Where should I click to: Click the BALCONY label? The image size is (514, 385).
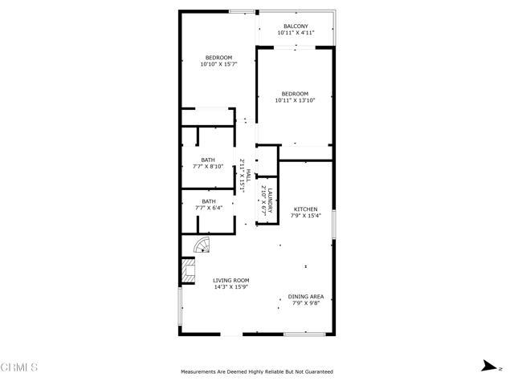(x=296, y=26)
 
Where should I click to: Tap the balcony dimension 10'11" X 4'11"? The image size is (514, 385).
(x=296, y=33)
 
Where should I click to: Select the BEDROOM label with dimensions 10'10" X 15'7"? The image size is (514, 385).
(x=218, y=58)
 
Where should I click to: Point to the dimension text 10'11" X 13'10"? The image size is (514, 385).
(x=295, y=100)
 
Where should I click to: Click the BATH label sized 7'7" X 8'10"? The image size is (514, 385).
(x=208, y=160)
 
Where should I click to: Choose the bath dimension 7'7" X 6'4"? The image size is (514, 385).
(x=208, y=208)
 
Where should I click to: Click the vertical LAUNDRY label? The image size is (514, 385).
(x=271, y=200)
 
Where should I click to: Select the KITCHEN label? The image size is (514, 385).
(x=305, y=209)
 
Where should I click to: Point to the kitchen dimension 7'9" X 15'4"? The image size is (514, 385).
(x=305, y=216)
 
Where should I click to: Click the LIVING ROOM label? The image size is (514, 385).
(x=230, y=281)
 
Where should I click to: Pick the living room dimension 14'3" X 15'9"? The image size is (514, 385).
(x=230, y=287)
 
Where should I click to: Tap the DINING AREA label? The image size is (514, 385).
(x=306, y=297)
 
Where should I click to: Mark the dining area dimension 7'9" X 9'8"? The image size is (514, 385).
(x=306, y=303)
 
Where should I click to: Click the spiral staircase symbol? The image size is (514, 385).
(x=202, y=245)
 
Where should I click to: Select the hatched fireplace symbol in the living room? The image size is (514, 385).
(x=188, y=271)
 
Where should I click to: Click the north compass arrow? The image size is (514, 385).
(x=487, y=367)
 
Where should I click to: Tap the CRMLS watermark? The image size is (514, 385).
(x=19, y=367)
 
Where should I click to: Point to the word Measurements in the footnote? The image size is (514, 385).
(x=200, y=372)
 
